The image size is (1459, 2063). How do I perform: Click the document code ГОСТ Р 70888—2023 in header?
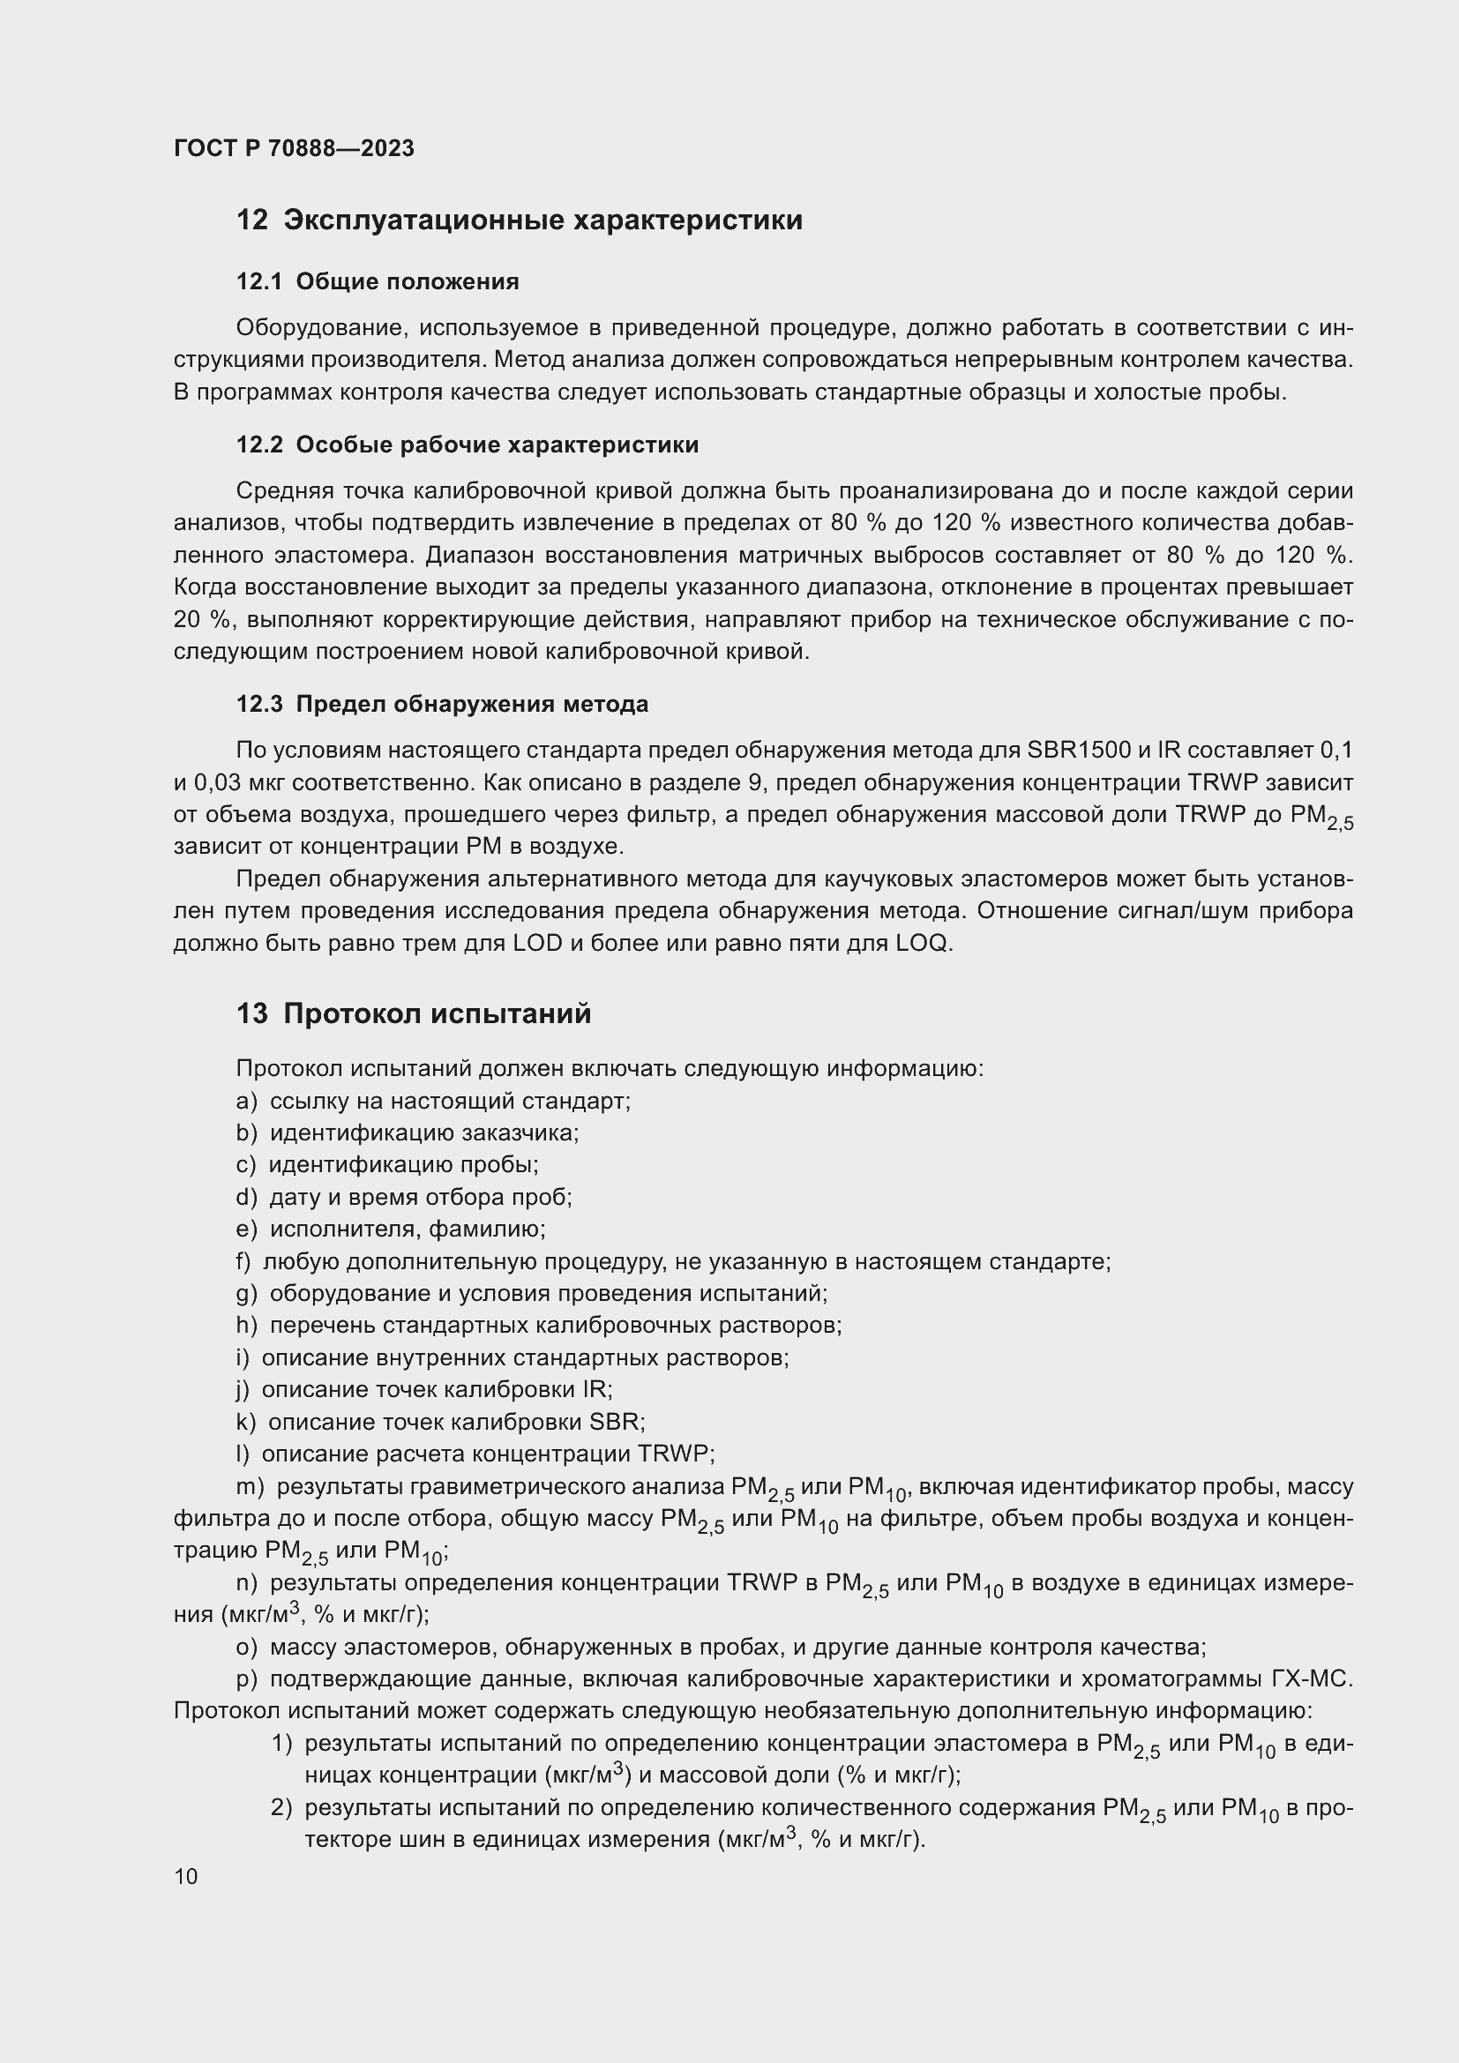click(294, 148)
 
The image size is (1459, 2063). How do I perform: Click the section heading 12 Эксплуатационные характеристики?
click(520, 221)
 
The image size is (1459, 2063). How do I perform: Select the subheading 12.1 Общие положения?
click(378, 282)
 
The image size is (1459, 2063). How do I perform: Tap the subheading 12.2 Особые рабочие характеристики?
click(468, 445)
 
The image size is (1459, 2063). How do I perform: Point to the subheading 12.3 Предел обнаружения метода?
click(442, 704)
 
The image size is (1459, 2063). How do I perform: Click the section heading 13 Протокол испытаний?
click(413, 1013)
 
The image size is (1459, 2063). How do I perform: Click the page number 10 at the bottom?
click(186, 1876)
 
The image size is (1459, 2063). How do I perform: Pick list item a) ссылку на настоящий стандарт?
click(433, 1101)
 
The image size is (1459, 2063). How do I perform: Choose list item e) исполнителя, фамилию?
click(391, 1229)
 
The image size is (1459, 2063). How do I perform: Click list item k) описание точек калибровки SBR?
click(440, 1422)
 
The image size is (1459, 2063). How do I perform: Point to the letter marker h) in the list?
click(246, 1326)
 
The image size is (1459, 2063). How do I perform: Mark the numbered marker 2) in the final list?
click(282, 1807)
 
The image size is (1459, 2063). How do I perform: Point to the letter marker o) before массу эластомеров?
click(246, 1647)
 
